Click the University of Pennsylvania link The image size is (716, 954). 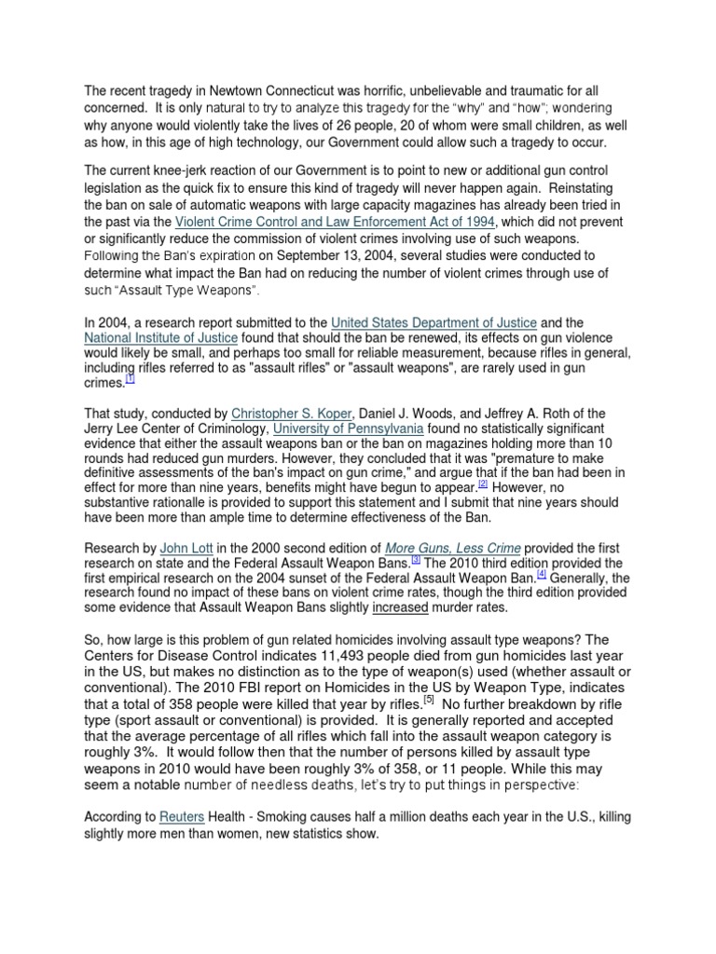coord(348,428)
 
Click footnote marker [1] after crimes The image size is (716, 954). coord(131,379)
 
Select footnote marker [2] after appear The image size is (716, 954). coord(483,484)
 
